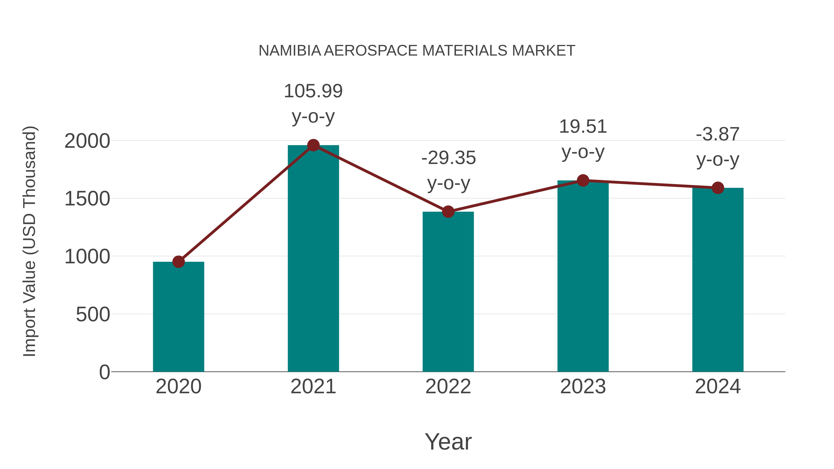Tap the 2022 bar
pyautogui.click(x=448, y=291)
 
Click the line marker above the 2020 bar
pyautogui.click(x=178, y=261)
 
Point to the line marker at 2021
pyautogui.click(x=313, y=145)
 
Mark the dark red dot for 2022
pyautogui.click(x=448, y=212)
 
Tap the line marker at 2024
pyautogui.click(x=717, y=188)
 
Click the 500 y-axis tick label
pyautogui.click(x=93, y=314)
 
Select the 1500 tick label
pyautogui.click(x=87, y=199)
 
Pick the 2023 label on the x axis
pyautogui.click(x=583, y=387)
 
